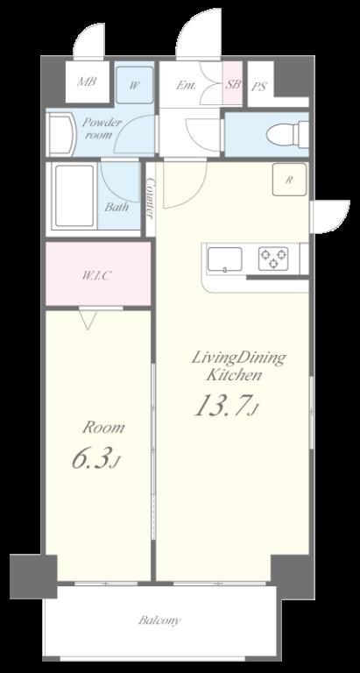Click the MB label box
pyautogui.click(x=86, y=83)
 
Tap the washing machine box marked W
pyautogui.click(x=135, y=85)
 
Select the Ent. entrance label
pyautogui.click(x=186, y=85)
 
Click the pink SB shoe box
pyautogui.click(x=233, y=84)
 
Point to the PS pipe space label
pyautogui.click(x=259, y=87)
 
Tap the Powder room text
pyautogui.click(x=102, y=129)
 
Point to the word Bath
pyautogui.click(x=116, y=208)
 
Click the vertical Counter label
pyautogui.click(x=151, y=199)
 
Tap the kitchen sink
pyautogui.click(x=225, y=259)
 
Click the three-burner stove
pyautogui.click(x=273, y=258)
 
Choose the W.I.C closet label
pyautogui.click(x=96, y=275)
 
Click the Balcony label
pyautogui.click(x=159, y=620)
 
